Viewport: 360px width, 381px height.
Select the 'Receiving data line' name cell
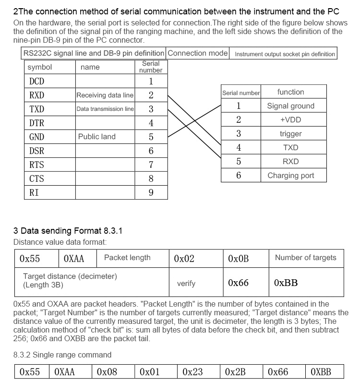pos(105,95)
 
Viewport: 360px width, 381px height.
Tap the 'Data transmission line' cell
pos(105,109)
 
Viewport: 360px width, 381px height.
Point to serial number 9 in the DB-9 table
pos(151,192)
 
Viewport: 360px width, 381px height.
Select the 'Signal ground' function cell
pos(290,106)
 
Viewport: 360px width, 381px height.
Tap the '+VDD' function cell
pos(290,120)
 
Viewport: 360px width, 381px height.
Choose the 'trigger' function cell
pos(290,134)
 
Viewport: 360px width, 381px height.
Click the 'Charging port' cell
pos(290,176)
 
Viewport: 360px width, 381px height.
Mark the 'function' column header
pos(290,92)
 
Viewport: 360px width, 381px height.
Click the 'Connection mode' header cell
pos(198,53)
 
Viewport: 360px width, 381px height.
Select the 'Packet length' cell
pos(127,258)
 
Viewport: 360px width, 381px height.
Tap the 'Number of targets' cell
pos(306,258)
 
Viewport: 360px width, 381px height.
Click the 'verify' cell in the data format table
pos(186,284)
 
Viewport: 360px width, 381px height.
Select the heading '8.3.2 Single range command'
pos(62,355)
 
